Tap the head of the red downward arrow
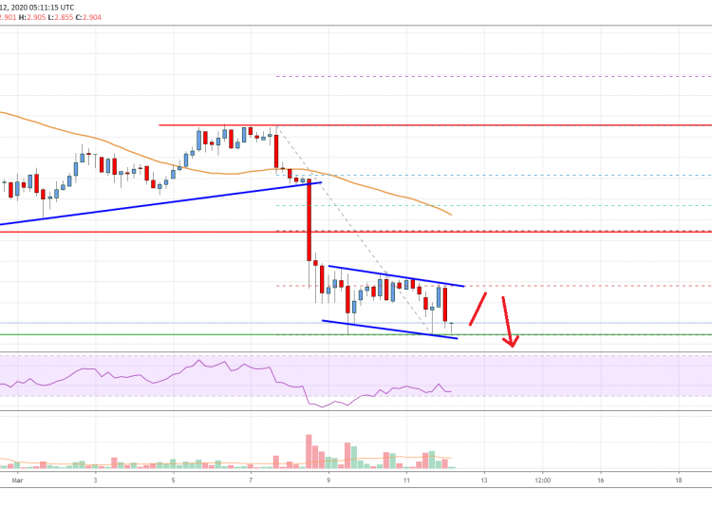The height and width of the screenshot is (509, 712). point(513,343)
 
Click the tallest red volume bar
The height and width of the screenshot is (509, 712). point(309,451)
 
